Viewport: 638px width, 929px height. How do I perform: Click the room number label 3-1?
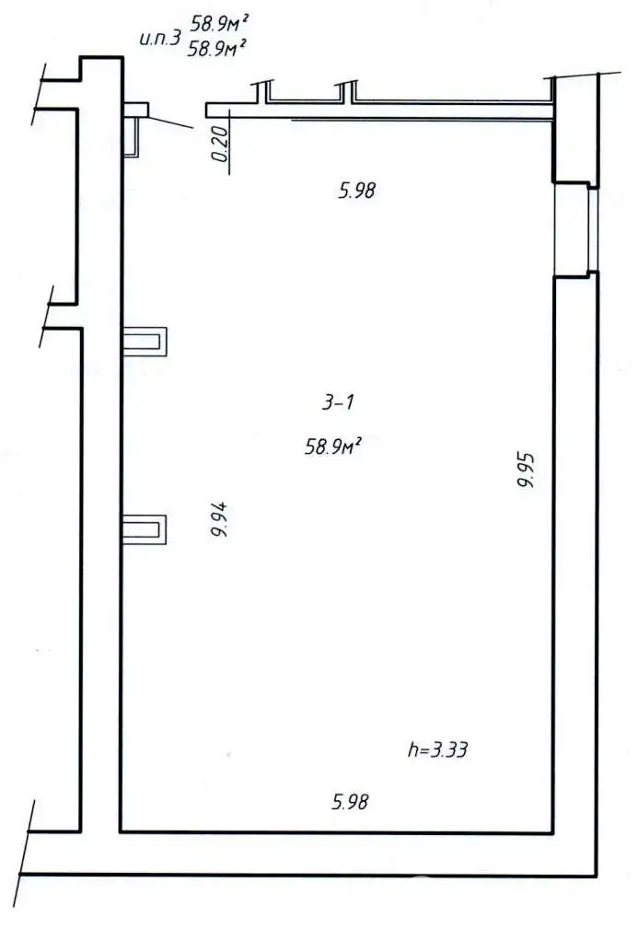point(339,401)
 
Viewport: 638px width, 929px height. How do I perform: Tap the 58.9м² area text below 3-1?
point(332,447)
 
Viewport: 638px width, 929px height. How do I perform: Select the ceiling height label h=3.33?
point(438,749)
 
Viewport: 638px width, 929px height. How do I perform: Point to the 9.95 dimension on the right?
point(526,468)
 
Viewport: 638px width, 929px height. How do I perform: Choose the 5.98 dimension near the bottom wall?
point(351,802)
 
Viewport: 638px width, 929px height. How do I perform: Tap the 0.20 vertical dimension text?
point(219,145)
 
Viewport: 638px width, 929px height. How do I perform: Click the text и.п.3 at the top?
point(158,40)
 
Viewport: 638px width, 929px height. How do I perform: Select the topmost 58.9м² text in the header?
point(220,22)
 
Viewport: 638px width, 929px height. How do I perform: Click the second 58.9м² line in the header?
point(217,48)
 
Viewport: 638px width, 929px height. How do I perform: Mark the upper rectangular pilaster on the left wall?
point(145,342)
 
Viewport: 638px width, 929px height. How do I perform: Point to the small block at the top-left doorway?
point(134,110)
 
